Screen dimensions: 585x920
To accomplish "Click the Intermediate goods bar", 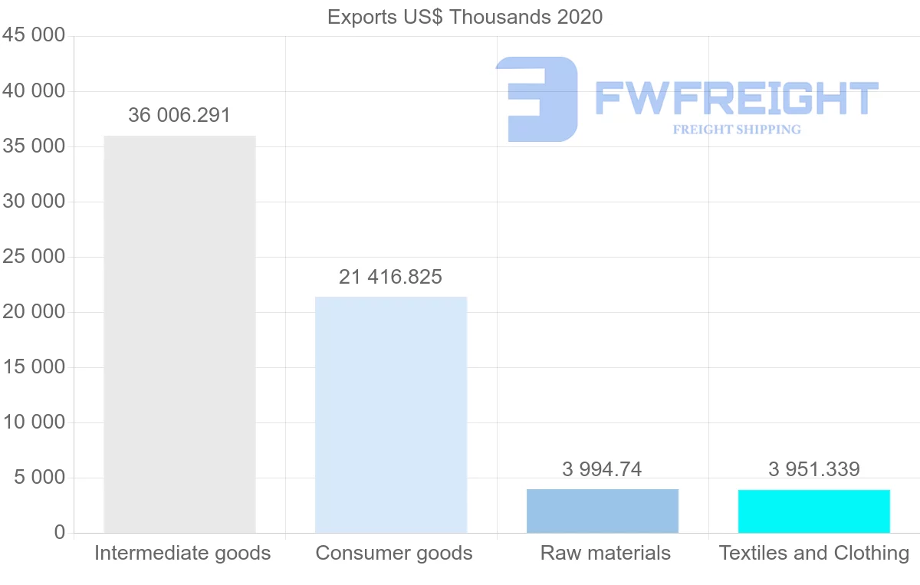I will pos(179,334).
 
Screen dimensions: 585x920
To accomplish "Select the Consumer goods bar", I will pos(391,415).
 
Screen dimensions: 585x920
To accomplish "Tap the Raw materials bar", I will pos(603,511).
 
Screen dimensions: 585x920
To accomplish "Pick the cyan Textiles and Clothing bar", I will pos(814,511).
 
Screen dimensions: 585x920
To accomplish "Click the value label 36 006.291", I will pos(179,115).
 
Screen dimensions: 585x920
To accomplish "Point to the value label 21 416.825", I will pos(391,277).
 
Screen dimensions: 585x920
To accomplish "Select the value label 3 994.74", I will pos(602,468).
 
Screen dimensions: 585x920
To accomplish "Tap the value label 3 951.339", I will pos(814,468).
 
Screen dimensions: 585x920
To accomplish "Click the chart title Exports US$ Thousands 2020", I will pos(465,16).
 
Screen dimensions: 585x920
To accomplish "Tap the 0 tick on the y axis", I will pos(60,533).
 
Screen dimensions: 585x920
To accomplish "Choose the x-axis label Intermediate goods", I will pos(182,553).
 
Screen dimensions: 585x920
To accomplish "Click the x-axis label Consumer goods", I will pos(394,553).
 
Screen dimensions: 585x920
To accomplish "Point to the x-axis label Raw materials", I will pos(606,553).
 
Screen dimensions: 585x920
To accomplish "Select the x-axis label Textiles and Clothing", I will pos(814,553).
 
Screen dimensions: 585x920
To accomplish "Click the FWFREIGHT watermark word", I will pos(736,98).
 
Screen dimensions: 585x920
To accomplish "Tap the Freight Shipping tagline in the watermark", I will pos(737,130).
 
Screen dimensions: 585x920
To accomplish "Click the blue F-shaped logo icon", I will pos(537,98).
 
